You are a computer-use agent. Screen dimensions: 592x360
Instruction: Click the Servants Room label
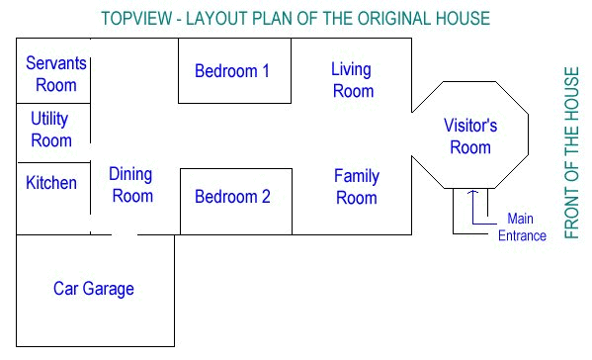coord(56,74)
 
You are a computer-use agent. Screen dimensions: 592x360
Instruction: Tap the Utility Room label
coord(51,130)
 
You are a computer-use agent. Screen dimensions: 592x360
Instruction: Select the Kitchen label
coord(51,183)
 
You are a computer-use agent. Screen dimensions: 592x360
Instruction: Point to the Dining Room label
coord(131,185)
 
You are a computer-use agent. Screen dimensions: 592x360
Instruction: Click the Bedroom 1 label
coord(232,71)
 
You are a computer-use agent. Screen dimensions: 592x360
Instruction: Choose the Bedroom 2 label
coord(232,197)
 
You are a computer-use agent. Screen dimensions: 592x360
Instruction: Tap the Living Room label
coord(352,80)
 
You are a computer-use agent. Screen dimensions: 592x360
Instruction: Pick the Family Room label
coord(357,187)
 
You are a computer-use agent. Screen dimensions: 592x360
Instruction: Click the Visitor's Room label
coord(470,136)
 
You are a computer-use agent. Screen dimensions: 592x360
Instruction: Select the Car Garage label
coord(94,289)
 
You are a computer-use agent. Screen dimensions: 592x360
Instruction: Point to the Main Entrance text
coord(522,227)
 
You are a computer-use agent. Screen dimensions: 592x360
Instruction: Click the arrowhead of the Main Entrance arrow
coord(472,192)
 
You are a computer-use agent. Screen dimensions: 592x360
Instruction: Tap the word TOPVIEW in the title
coord(136,19)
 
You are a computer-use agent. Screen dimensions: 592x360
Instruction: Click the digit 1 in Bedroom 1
coord(266,71)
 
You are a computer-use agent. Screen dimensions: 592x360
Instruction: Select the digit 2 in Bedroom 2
coord(266,197)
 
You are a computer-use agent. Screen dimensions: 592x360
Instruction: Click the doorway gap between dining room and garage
coord(125,234)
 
